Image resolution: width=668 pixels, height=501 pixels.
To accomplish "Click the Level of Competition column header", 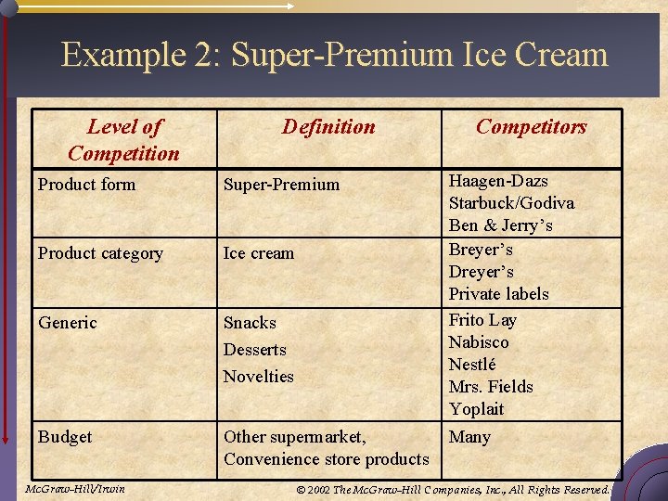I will click(x=124, y=140).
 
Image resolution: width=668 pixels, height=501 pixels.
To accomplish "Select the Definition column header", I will click(x=328, y=127).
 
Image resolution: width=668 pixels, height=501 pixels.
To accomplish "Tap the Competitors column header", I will click(x=531, y=127).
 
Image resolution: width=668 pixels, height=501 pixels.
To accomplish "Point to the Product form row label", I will click(x=86, y=185).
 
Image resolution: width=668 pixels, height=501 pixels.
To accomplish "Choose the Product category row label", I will click(x=100, y=253).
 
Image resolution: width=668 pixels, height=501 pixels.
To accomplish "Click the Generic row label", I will click(x=67, y=323).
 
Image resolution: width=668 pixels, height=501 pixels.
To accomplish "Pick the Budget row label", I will click(x=65, y=437).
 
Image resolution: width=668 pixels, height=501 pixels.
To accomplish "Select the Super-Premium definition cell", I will click(x=281, y=185).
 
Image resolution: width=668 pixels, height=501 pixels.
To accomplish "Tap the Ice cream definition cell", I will click(x=258, y=253).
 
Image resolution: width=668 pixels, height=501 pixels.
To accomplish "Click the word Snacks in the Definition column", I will click(x=250, y=323).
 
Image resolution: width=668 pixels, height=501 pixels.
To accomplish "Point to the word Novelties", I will click(x=258, y=377).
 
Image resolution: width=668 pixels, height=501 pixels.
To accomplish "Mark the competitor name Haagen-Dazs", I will click(x=498, y=181).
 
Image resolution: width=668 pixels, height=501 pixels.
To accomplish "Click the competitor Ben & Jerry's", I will click(x=500, y=225).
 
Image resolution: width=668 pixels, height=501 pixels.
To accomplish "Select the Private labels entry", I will click(x=498, y=294).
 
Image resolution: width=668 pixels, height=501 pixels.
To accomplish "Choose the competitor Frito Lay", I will click(x=482, y=320).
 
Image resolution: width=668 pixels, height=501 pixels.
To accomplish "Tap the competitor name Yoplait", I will click(x=476, y=409).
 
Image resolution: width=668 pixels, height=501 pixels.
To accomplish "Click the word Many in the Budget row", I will click(x=469, y=437).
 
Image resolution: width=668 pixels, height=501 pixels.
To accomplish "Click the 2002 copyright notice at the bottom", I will click(x=452, y=489).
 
